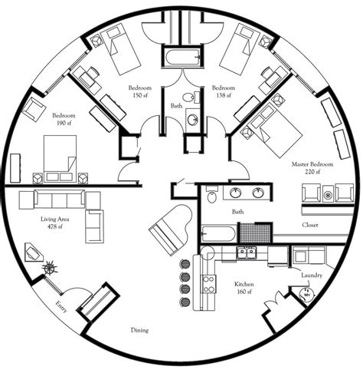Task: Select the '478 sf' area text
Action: click(x=54, y=227)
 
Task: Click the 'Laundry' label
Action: click(x=312, y=275)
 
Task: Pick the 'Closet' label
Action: click(x=309, y=225)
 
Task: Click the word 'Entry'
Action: click(x=60, y=308)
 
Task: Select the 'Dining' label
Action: click(x=139, y=330)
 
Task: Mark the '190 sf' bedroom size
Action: click(x=60, y=121)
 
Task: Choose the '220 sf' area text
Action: click(x=312, y=173)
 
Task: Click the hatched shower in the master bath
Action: click(x=255, y=232)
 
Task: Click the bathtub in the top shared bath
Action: click(x=181, y=57)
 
